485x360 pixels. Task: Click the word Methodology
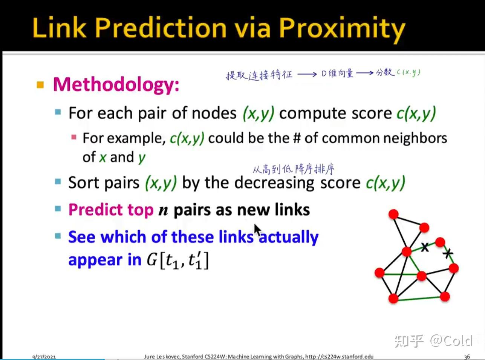(x=116, y=85)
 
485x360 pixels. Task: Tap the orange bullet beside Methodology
(x=40, y=85)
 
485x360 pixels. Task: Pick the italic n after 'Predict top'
(x=163, y=211)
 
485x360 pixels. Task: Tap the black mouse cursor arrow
(x=257, y=230)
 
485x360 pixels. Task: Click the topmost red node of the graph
(x=393, y=214)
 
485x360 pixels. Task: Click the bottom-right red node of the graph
(x=445, y=297)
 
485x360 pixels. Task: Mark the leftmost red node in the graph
(x=379, y=273)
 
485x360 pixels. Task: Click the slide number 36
(x=467, y=357)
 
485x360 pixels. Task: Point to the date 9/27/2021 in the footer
(x=44, y=357)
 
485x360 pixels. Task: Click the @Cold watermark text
(x=451, y=340)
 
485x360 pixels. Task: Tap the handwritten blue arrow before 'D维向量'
(x=307, y=75)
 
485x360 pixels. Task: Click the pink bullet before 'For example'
(x=74, y=137)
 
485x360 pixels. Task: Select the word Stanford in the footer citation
(x=192, y=357)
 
